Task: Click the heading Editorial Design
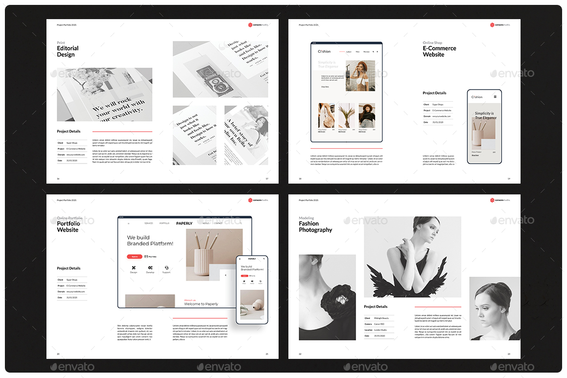67,51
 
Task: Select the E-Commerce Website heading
439,51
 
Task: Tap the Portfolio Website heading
68,227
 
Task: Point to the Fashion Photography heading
315,227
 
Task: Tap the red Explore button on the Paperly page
134,257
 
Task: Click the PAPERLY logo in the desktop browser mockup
184,223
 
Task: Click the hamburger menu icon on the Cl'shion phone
495,97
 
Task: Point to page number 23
508,354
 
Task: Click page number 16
58,179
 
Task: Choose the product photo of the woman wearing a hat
367,116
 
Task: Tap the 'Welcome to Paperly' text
201,304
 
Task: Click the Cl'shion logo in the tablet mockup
324,51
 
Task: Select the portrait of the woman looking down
494,308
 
